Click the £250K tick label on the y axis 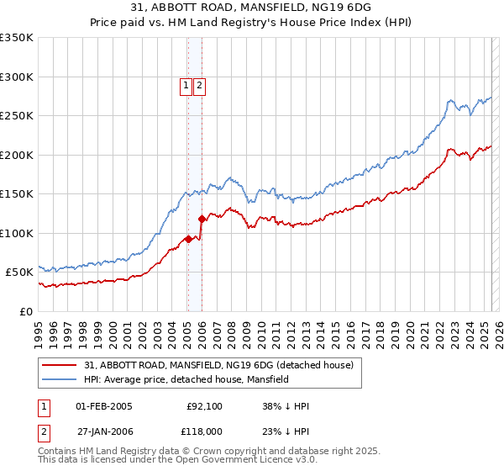coord(17,115)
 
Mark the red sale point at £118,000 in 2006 coord(202,219)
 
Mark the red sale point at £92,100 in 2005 coord(188,239)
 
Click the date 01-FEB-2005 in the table coord(104,406)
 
